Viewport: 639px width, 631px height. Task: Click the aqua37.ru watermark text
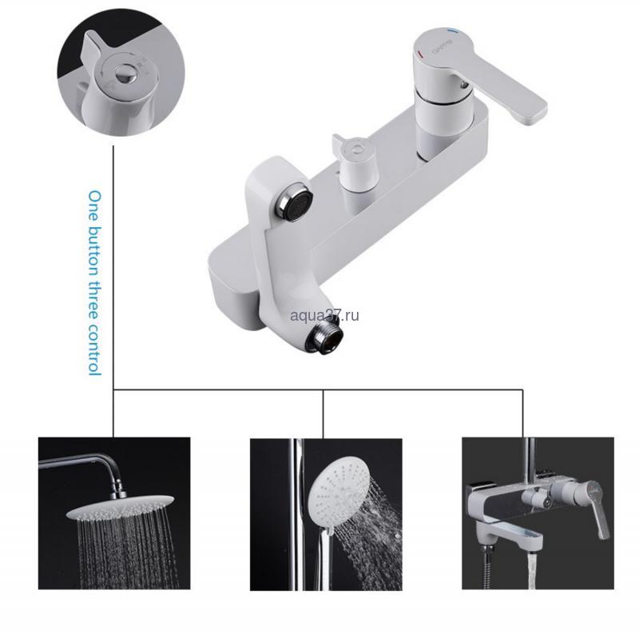pyautogui.click(x=324, y=316)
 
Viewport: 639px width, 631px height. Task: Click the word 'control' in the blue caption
pyautogui.click(x=94, y=349)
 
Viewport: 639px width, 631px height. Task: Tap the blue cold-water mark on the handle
pyautogui.click(x=451, y=30)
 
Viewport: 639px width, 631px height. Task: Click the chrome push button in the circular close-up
pyautogui.click(x=124, y=73)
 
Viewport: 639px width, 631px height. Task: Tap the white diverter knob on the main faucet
pyautogui.click(x=355, y=164)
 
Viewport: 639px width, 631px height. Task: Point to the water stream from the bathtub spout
pyautogui.click(x=531, y=569)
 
